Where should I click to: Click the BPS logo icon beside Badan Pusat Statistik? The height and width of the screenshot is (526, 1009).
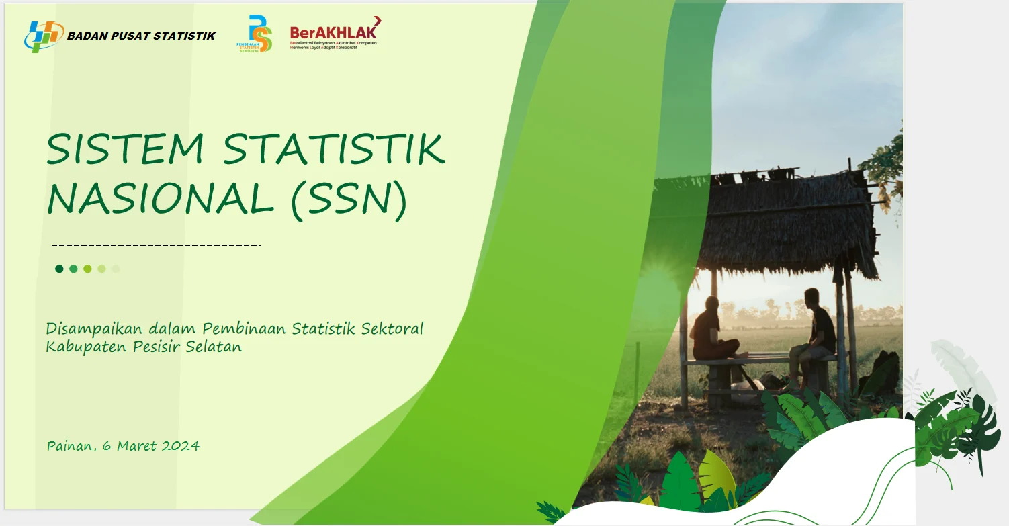(x=42, y=37)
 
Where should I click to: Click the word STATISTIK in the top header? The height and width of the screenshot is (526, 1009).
(x=185, y=36)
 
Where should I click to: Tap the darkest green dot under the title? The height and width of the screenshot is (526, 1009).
(x=59, y=269)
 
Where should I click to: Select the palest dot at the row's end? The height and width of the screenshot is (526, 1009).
(x=116, y=269)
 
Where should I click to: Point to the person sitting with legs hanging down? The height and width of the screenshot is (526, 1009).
(x=816, y=333)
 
